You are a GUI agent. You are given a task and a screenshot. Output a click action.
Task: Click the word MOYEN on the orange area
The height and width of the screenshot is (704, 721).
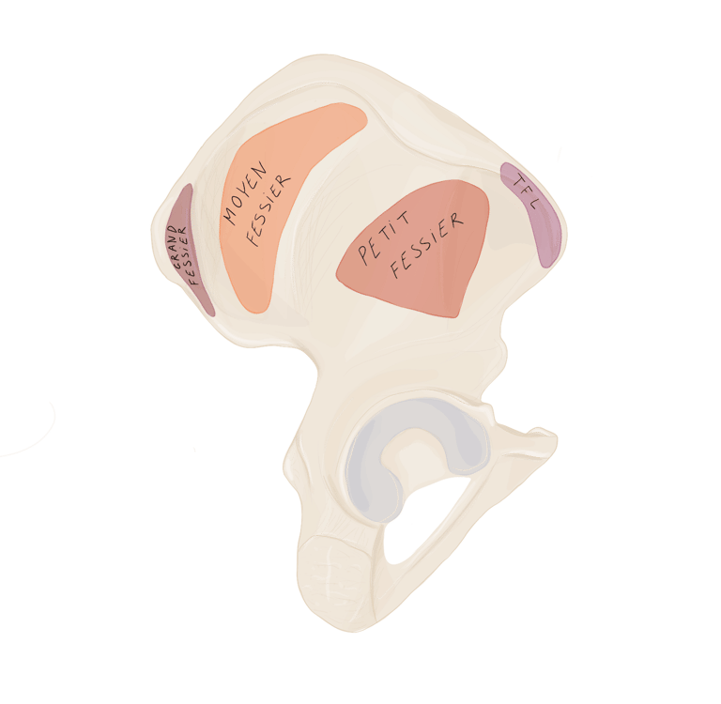click(x=245, y=196)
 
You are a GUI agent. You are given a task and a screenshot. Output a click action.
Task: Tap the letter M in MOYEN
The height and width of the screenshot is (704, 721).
click(x=229, y=217)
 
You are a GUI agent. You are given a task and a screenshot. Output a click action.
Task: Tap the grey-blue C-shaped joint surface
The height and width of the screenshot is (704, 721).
click(x=371, y=460)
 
